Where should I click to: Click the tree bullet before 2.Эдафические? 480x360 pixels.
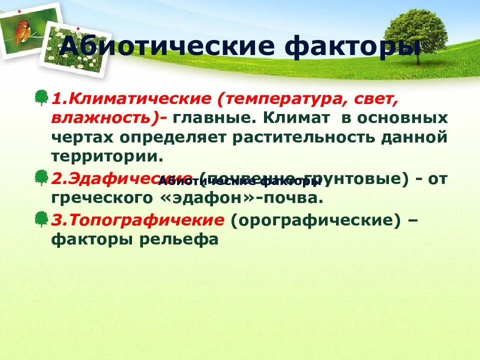[x=41, y=177]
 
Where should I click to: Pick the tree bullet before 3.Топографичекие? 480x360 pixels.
[x=41, y=218]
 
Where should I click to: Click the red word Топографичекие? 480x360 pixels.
[x=137, y=220]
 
